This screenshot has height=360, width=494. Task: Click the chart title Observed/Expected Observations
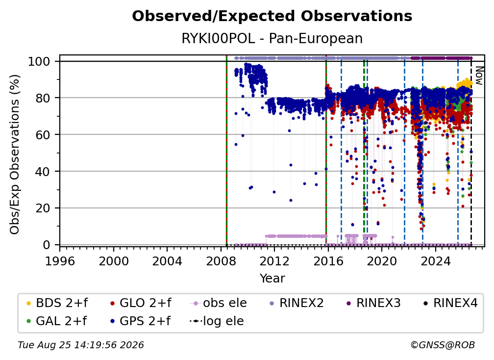pyautogui.click(x=272, y=16)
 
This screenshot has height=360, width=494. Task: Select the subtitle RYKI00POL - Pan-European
pyautogui.click(x=272, y=38)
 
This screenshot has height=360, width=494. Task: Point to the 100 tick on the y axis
pyautogui.click(x=39, y=61)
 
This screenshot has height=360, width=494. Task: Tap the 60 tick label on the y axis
pyautogui.click(x=43, y=134)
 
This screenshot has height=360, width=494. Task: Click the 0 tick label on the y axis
pyautogui.click(x=47, y=245)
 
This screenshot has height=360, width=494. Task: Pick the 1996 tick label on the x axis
pyautogui.click(x=60, y=261)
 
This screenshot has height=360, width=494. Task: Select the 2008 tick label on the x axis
pyautogui.click(x=221, y=261)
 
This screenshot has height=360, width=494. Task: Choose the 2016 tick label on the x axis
pyautogui.click(x=328, y=261)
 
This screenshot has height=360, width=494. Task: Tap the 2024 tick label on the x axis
pyautogui.click(x=435, y=261)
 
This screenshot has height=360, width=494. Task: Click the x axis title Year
pyautogui.click(x=272, y=279)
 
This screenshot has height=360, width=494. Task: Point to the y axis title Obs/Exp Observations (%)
pyautogui.click(x=15, y=154)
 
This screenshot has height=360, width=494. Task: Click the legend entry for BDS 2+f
pyautogui.click(x=57, y=303)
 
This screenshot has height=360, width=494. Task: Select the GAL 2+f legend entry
pyautogui.click(x=56, y=321)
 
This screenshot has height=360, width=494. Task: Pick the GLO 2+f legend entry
pyautogui.click(x=141, y=303)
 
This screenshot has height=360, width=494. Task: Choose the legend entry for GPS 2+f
pyautogui.click(x=140, y=321)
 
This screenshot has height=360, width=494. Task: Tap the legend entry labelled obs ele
pyautogui.click(x=219, y=303)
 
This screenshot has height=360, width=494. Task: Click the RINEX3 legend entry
pyautogui.click(x=373, y=303)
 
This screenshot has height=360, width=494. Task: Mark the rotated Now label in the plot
pyautogui.click(x=479, y=76)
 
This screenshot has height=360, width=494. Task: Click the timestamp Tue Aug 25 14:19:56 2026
pyautogui.click(x=81, y=345)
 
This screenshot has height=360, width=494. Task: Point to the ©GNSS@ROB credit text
pyautogui.click(x=443, y=345)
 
